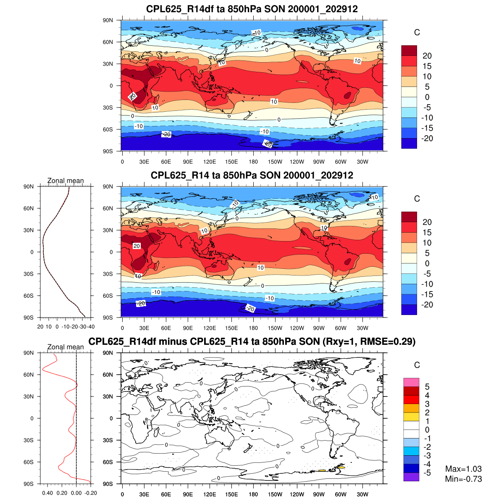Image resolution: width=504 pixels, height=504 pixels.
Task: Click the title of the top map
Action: coord(252,9)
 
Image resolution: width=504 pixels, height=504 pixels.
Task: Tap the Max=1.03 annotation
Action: coord(463,469)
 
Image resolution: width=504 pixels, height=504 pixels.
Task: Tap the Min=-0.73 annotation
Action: coord(463,479)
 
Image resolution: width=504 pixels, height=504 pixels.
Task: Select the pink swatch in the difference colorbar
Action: coord(411,382)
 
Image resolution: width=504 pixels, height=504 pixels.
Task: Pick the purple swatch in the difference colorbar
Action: coord(411,477)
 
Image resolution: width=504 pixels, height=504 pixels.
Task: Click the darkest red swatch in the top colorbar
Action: coord(409,50)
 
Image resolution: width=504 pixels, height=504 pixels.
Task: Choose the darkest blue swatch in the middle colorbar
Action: coord(409,310)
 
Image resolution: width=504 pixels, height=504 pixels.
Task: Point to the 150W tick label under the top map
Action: coord(275,162)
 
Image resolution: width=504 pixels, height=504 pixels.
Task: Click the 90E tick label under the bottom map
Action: coord(188,495)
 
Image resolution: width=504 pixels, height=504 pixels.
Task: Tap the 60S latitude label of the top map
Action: coord(108,129)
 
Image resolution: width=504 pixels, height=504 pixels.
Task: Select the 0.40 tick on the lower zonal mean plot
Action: coord(47,493)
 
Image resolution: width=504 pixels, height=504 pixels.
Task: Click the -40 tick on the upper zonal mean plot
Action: coord(91,327)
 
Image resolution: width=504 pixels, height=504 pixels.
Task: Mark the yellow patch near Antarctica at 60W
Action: coord(341,467)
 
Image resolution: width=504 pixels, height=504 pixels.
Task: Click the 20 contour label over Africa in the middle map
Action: coord(136,246)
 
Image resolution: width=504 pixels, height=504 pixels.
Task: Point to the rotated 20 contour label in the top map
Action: coord(133,97)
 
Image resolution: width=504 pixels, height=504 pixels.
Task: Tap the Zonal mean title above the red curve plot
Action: coord(66,347)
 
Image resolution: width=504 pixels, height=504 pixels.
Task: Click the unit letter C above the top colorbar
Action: coord(417,33)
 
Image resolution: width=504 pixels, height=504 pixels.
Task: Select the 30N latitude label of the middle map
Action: coord(108,230)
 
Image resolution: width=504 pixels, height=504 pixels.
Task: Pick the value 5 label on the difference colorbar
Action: coord(427,387)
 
